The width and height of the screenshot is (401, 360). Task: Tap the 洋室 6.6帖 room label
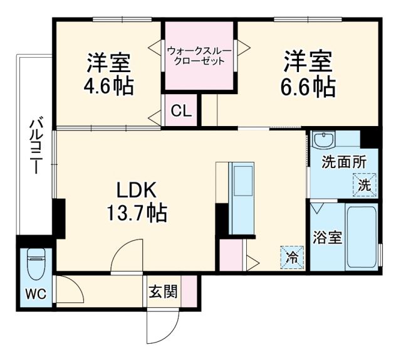click(308, 74)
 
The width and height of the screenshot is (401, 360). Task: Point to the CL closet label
click(182, 112)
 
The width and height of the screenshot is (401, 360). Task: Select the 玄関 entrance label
click(163, 292)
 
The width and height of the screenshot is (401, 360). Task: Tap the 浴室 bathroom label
click(327, 239)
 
